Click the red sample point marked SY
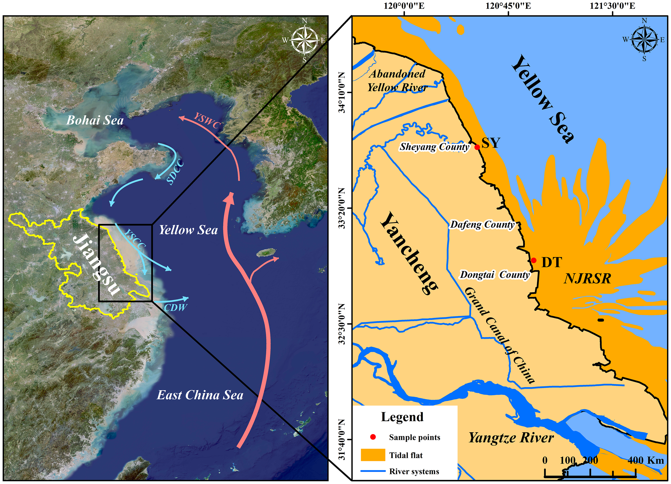[477, 147]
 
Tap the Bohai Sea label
[95, 120]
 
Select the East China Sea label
[200, 395]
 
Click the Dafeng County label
[482, 225]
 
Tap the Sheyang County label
[434, 147]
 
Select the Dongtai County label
[494, 275]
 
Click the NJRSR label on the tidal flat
[587, 279]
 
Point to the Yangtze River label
[511, 438]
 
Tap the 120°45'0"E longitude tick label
[508, 6]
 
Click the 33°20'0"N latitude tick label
[342, 208]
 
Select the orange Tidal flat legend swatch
[373, 455]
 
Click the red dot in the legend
[373, 437]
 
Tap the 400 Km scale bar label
[646, 460]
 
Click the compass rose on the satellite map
[304, 40]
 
